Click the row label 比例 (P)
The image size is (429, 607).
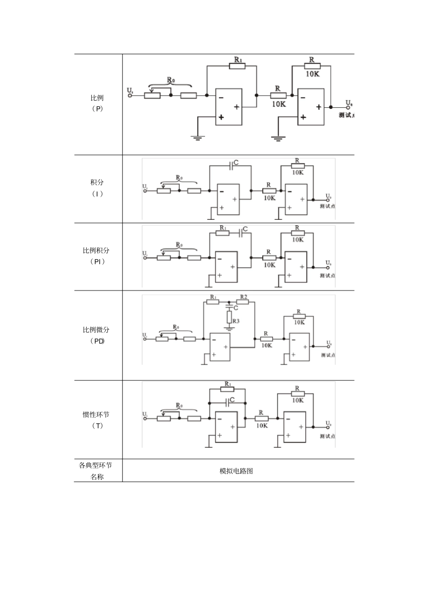coord(97,103)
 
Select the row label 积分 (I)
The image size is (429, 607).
coord(97,188)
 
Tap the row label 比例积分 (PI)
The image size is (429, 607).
coord(96,255)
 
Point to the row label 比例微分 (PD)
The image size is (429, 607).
coord(96,335)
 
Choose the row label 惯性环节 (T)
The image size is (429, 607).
coord(96,420)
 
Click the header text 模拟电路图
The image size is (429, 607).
coord(236,471)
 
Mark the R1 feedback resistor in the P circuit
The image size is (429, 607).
coord(237,66)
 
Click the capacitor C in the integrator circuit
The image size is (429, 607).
coord(231,166)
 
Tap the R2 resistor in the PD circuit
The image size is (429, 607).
coord(242,302)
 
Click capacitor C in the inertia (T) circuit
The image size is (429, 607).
coord(227,400)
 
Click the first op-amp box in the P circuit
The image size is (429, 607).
coord(228,107)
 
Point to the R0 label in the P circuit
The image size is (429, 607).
coord(171,80)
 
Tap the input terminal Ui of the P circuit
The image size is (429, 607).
coord(131,95)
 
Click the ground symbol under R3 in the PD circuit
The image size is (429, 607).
coord(229,329)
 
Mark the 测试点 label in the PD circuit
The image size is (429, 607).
coord(328,355)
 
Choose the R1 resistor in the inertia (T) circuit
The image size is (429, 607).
coord(227,389)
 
